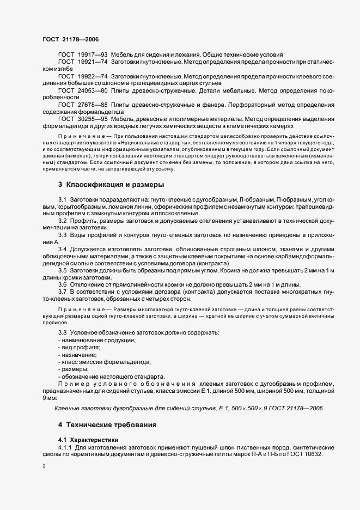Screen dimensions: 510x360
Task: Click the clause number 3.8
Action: [x=62, y=332]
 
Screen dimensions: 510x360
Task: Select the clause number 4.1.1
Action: [x=64, y=447]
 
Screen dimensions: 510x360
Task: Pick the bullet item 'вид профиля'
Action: [x=82, y=347]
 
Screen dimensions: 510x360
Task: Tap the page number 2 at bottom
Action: [x=44, y=466]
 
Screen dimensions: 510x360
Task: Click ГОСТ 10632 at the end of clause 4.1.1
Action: [x=308, y=454]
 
